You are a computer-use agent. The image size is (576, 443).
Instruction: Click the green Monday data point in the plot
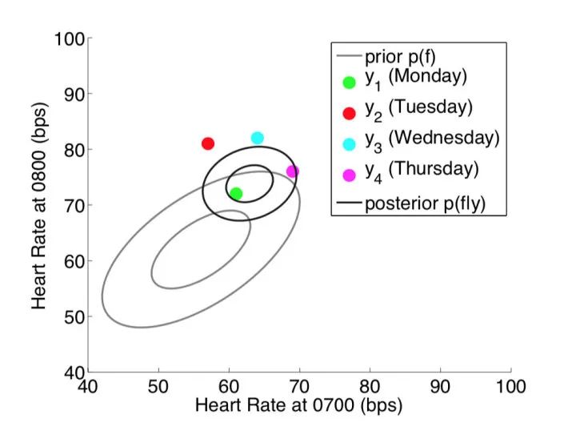coord(236,193)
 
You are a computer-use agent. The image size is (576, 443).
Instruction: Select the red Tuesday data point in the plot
coord(208,143)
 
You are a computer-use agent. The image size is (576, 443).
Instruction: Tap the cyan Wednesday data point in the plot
coord(258,138)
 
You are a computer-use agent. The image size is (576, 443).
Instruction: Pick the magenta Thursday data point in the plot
coord(293,171)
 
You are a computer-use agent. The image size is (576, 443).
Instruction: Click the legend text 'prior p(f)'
coord(400,58)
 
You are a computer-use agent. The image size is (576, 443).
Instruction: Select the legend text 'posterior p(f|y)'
coord(425,203)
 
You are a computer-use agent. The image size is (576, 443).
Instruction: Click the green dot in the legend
coord(348,82)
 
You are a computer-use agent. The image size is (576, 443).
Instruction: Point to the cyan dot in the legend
coord(348,143)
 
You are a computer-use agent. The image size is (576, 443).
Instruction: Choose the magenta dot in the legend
coord(348,174)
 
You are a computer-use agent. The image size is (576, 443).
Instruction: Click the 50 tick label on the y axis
coord(74,317)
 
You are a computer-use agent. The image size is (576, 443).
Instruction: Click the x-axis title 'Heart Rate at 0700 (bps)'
coord(298,406)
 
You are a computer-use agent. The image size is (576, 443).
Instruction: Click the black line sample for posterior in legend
coord(348,203)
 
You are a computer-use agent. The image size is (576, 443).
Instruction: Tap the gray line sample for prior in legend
coord(348,58)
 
